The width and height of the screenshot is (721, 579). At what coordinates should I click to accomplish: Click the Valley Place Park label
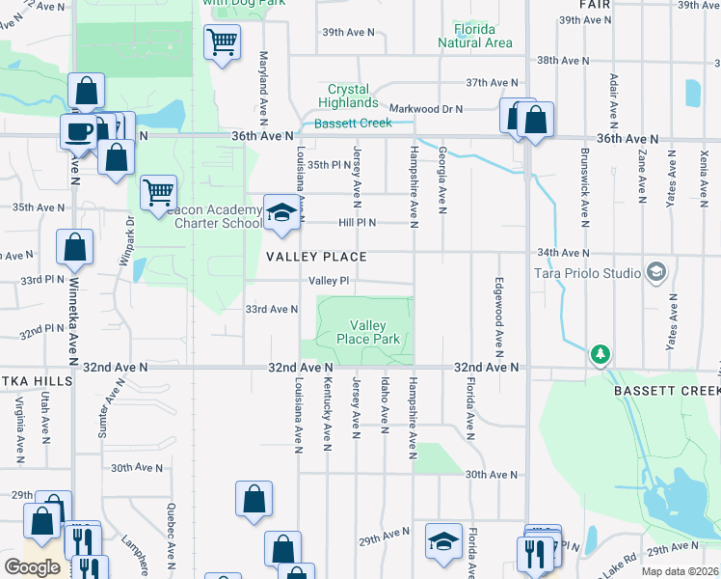pyautogui.click(x=368, y=332)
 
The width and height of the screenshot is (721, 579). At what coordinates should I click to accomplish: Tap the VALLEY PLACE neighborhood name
pyautogui.click(x=317, y=257)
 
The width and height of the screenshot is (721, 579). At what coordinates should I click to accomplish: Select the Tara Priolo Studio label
pyautogui.click(x=588, y=273)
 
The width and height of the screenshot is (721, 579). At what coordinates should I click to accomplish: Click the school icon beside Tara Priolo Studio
pyautogui.click(x=656, y=272)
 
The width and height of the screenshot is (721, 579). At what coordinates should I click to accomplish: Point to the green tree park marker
pyautogui.click(x=601, y=355)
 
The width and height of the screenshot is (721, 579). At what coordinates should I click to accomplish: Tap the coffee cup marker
pyautogui.click(x=77, y=131)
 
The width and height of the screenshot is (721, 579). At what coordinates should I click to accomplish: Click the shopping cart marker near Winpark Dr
pyautogui.click(x=157, y=191)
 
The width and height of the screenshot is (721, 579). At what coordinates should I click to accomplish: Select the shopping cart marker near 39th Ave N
pyautogui.click(x=222, y=42)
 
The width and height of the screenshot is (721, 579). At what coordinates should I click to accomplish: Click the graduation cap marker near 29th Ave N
pyautogui.click(x=443, y=540)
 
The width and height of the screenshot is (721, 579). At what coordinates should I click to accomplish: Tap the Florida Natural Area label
pyautogui.click(x=474, y=36)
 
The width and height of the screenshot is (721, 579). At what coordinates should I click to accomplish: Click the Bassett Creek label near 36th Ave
pyautogui.click(x=354, y=123)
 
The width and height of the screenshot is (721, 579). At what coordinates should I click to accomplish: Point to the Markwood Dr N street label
pyautogui.click(x=426, y=109)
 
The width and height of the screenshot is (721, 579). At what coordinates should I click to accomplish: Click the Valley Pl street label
pyautogui.click(x=328, y=281)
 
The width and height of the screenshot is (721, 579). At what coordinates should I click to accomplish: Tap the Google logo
pyautogui.click(x=32, y=567)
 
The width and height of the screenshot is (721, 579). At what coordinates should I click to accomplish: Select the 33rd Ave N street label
pyautogui.click(x=271, y=310)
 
